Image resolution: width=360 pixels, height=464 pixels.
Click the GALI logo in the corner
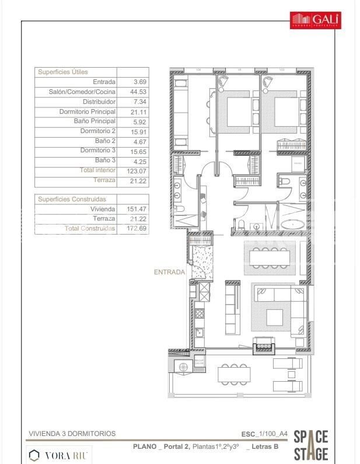316,20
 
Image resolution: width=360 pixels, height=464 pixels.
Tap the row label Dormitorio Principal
87,111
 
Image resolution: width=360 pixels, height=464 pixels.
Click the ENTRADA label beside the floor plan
169,272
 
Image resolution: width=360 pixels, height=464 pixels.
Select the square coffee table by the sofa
275,317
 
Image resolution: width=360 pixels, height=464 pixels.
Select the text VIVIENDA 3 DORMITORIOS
72,434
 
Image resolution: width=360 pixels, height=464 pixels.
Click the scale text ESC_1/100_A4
264,434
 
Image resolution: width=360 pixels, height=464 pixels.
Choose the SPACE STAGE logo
310,445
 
